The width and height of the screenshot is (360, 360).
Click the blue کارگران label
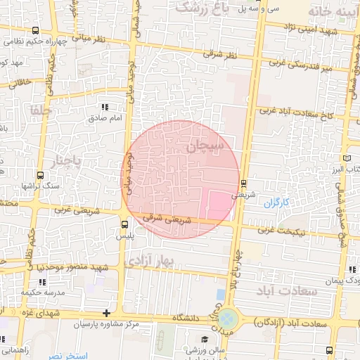tap(276, 203)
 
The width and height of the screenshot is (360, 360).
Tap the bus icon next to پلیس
tap(124, 224)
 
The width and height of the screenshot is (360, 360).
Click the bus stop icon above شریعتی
tap(244, 183)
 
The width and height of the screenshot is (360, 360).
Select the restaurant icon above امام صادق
tap(105, 107)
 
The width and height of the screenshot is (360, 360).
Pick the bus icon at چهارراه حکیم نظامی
tap(35, 30)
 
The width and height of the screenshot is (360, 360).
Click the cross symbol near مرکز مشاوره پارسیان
tap(106, 313)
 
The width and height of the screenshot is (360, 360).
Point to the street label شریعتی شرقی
tap(167, 219)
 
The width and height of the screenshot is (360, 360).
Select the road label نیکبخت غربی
tap(279, 229)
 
